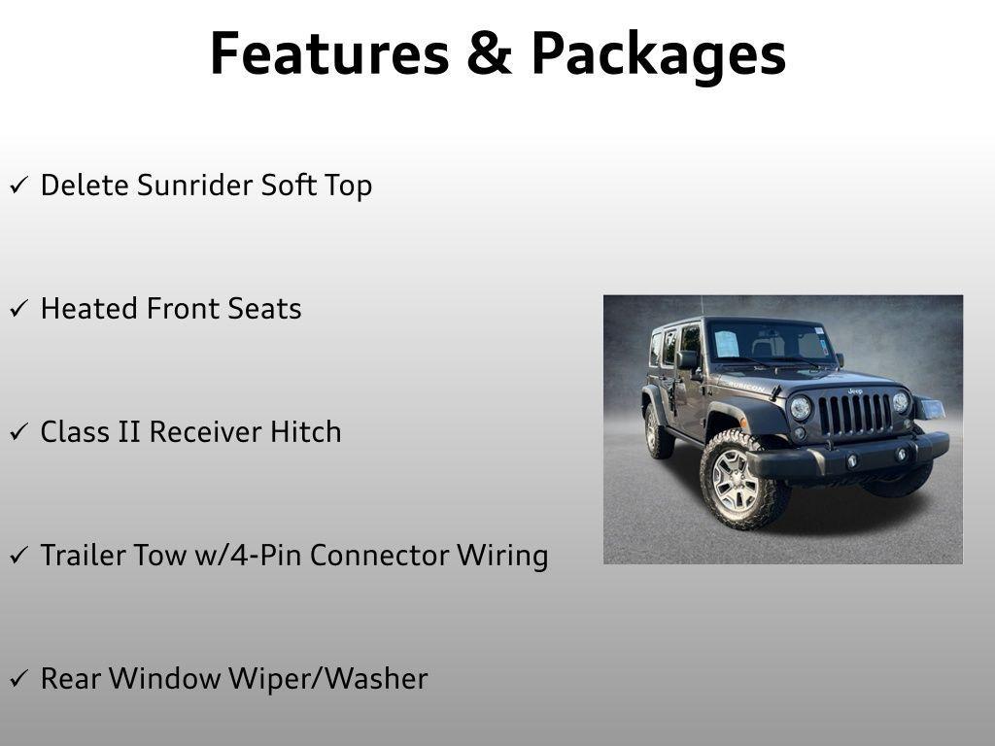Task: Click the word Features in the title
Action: pos(330,53)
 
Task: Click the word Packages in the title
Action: pos(659,57)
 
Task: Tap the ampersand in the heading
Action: pos(490,54)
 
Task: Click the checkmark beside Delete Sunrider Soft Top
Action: pos(19,186)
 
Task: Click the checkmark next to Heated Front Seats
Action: pos(19,309)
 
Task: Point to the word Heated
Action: pos(88,308)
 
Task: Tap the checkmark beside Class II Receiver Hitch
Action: pos(19,432)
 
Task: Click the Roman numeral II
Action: pos(129,432)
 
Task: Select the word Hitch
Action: pos(306,431)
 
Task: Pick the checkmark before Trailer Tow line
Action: pos(19,555)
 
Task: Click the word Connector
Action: pos(380,555)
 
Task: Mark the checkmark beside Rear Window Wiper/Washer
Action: pos(19,678)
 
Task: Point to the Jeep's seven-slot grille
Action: pos(855,414)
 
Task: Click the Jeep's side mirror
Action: pos(687,360)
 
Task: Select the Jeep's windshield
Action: pos(771,343)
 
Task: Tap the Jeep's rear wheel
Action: pos(658,431)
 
